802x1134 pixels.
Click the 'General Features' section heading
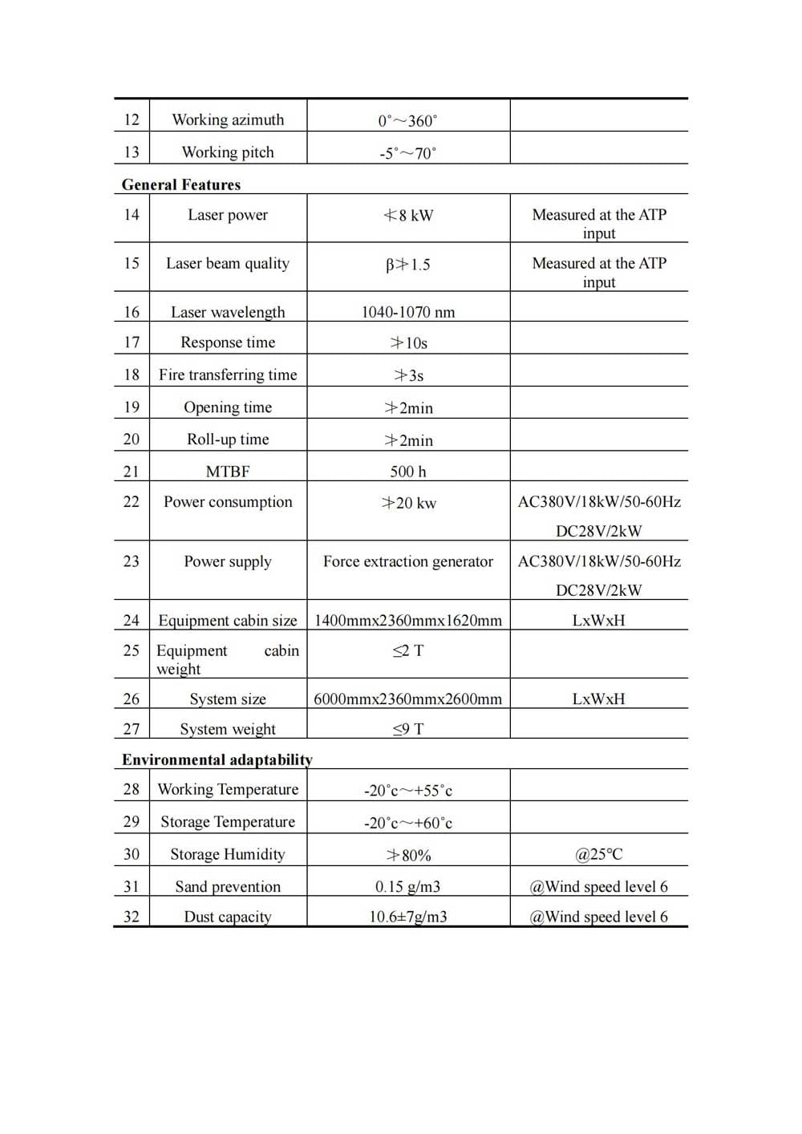pyautogui.click(x=181, y=184)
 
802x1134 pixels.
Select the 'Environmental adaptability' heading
pyautogui.click(x=217, y=759)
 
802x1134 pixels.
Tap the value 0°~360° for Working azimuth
pyautogui.click(x=407, y=120)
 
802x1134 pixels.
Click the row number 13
pyautogui.click(x=132, y=152)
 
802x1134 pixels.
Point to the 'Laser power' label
pyautogui.click(x=228, y=215)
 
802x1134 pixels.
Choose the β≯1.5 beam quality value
pyautogui.click(x=407, y=264)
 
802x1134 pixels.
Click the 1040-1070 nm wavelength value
pyautogui.click(x=407, y=312)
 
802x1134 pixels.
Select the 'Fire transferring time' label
pyautogui.click(x=228, y=375)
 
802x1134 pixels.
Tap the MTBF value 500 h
pyautogui.click(x=407, y=472)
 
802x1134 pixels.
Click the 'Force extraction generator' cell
pyautogui.click(x=407, y=561)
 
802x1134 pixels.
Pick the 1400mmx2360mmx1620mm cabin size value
pyautogui.click(x=407, y=621)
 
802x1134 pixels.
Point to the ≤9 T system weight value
pyautogui.click(x=407, y=729)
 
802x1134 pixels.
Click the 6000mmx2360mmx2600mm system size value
pyautogui.click(x=407, y=699)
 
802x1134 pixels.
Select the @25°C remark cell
pyautogui.click(x=598, y=854)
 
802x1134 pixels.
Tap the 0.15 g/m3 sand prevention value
pyautogui.click(x=407, y=887)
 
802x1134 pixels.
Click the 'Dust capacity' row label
pyautogui.click(x=228, y=917)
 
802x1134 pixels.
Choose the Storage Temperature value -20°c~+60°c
pyautogui.click(x=407, y=823)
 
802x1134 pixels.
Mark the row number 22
pyautogui.click(x=132, y=502)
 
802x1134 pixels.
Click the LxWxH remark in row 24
pyautogui.click(x=598, y=621)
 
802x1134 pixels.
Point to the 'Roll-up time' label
pyautogui.click(x=228, y=439)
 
